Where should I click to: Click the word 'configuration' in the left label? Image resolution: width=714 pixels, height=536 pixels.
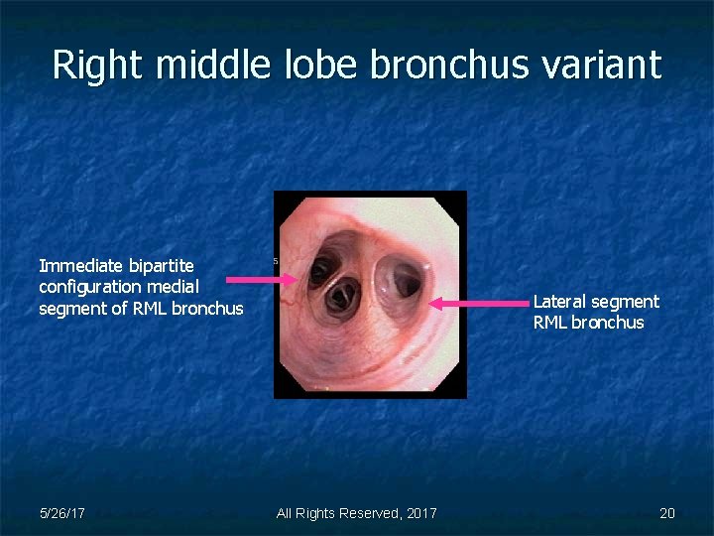click(90, 287)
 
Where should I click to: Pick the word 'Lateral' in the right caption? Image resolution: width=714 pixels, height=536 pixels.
click(560, 302)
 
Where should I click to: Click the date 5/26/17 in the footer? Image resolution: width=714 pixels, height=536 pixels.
click(61, 513)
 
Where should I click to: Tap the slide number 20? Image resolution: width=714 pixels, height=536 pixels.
click(666, 513)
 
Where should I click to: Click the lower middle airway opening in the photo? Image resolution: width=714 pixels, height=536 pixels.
click(343, 294)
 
